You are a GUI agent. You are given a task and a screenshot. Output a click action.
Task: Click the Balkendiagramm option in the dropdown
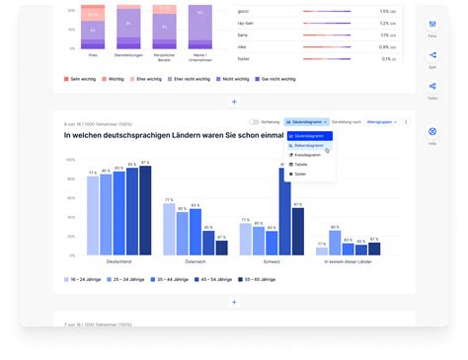pos(309,145)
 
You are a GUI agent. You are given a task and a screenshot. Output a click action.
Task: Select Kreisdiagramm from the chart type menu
pos(309,155)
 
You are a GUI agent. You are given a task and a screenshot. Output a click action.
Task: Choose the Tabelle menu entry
pos(301,165)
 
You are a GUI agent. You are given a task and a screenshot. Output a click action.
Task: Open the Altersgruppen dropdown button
pos(380,122)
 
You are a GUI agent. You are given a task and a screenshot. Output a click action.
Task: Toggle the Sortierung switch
pos(255,122)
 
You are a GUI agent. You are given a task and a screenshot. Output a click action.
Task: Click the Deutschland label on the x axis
pos(118,262)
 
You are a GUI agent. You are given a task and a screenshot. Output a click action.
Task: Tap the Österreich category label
pos(195,262)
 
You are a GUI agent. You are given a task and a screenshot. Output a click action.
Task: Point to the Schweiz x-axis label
pos(272,262)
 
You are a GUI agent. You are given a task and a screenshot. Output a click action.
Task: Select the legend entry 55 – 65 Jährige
pos(260,280)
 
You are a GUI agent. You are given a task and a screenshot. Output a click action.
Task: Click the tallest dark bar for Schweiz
pos(285,212)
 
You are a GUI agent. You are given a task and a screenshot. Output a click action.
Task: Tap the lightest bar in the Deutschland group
pos(93,215)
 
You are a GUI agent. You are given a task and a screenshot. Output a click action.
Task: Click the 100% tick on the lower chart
pos(71,151)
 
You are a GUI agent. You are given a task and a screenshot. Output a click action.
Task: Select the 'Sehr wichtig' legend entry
pos(82,78)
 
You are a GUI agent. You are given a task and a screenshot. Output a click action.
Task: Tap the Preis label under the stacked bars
pos(92,55)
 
